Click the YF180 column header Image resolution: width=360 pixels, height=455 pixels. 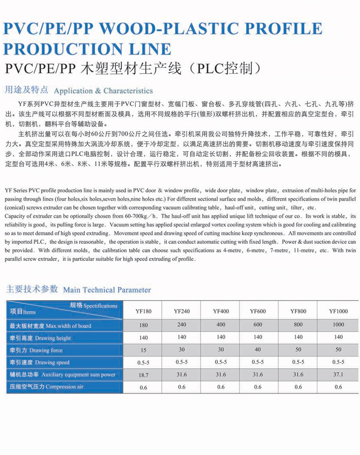click(x=143, y=311)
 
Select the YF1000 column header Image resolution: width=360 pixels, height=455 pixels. click(x=338, y=311)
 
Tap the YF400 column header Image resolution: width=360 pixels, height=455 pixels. click(x=221, y=311)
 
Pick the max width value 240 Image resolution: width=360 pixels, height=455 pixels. click(x=182, y=325)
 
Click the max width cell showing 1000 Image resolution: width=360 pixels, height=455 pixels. click(x=338, y=325)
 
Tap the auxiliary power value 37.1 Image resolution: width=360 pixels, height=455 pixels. click(x=338, y=375)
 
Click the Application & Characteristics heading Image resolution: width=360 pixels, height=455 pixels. click(x=103, y=91)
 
